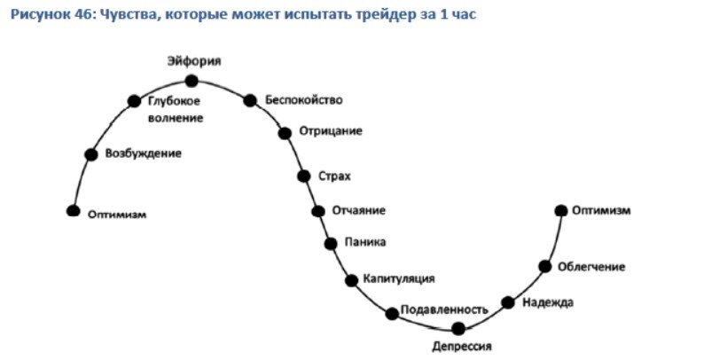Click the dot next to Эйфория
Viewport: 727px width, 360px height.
pos(192,81)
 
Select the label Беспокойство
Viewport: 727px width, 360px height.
pos(303,99)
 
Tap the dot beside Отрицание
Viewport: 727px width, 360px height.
pos(285,133)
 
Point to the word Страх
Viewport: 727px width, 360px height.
pos(334,176)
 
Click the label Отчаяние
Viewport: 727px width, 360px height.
pos(358,210)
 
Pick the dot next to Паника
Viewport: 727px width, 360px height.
pos(331,243)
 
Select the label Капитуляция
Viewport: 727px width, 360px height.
pos(398,278)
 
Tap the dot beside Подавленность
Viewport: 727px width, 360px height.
pos(392,313)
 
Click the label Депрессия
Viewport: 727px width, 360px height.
pos(461,347)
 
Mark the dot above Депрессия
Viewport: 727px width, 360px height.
pos(458,328)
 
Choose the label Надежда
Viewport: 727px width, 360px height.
pos(548,302)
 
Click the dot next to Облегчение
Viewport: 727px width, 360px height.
pos(545,266)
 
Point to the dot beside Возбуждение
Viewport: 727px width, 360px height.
pos(90,154)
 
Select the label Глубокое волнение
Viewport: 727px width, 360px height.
pos(175,108)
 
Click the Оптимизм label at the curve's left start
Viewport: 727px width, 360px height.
pos(117,215)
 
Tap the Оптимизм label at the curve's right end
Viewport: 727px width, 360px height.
pos(600,210)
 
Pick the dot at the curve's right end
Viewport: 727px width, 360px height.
pos(560,210)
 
